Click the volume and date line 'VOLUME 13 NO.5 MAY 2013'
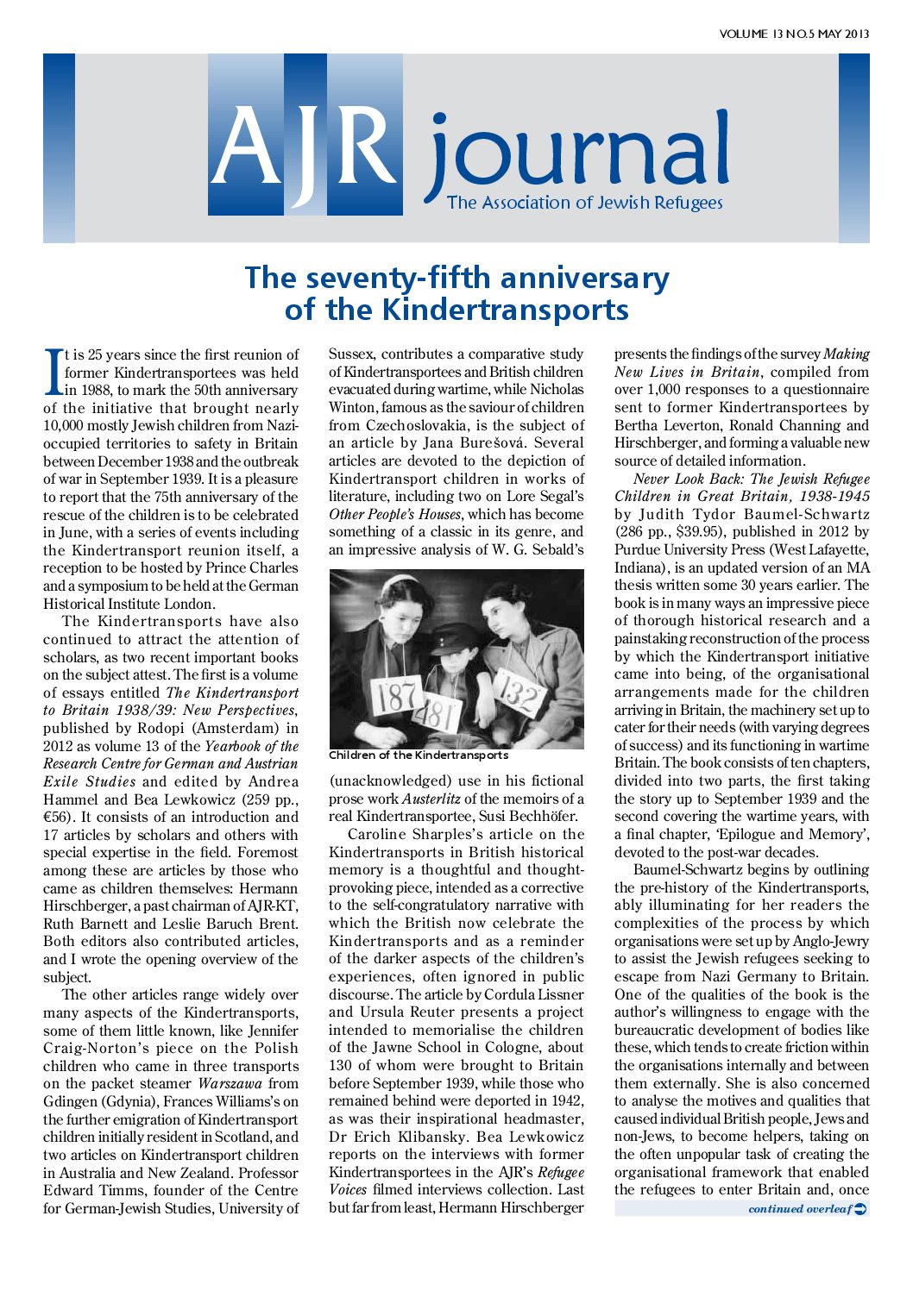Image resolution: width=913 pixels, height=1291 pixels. point(794,34)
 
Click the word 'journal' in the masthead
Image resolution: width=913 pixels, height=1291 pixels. point(576,154)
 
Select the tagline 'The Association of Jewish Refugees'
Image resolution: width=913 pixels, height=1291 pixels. point(584,204)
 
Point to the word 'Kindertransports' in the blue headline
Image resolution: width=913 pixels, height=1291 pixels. point(506,310)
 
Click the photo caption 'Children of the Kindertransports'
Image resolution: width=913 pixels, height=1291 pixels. point(419,755)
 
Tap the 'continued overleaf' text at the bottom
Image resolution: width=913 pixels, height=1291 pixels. point(799,1209)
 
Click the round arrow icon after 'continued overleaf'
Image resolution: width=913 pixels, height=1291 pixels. point(860,1209)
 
